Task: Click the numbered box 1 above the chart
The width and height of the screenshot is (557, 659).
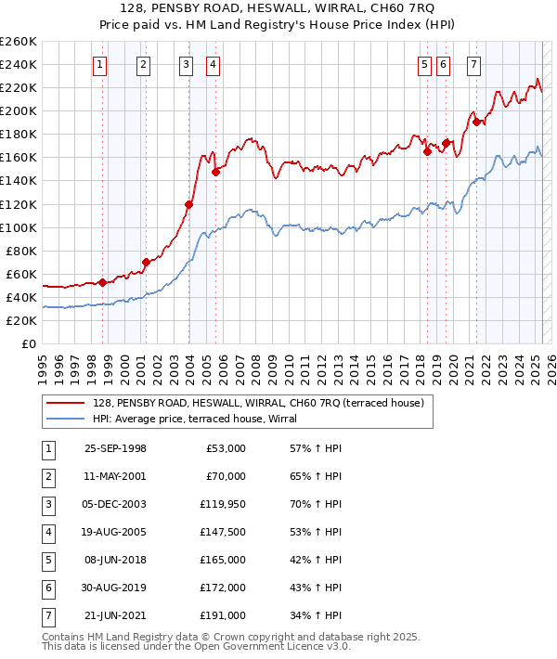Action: [x=99, y=65]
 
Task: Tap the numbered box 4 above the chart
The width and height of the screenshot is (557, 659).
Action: [x=214, y=65]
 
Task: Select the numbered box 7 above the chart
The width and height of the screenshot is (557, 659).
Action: [x=474, y=65]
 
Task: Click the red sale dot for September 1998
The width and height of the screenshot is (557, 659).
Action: [x=102, y=282]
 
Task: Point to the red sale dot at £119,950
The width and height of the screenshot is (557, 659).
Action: [x=188, y=204]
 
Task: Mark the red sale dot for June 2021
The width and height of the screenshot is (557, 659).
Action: [x=476, y=122]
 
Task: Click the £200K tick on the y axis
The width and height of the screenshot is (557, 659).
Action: [x=19, y=111]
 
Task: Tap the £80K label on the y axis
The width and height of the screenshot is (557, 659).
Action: [x=22, y=251]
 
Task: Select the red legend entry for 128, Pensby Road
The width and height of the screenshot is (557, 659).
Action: [x=258, y=403]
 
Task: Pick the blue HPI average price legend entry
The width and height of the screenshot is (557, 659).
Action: [x=194, y=419]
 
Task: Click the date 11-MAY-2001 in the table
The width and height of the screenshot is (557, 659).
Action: [x=115, y=476]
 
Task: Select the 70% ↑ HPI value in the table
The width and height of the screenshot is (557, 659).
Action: [x=315, y=504]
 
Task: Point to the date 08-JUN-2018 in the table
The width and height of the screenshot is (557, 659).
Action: [x=115, y=560]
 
